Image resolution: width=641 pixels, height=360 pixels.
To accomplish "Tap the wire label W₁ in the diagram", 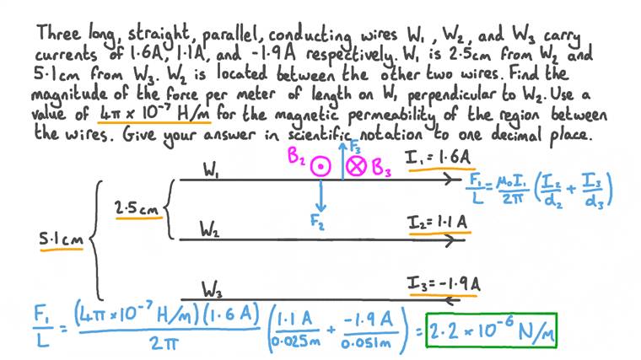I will tap(213, 169).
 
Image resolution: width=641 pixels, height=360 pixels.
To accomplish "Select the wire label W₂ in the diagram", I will tap(213, 228).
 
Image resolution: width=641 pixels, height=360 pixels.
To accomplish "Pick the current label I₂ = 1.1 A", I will tap(438, 223).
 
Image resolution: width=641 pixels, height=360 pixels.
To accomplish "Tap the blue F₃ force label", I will tap(353, 145).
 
